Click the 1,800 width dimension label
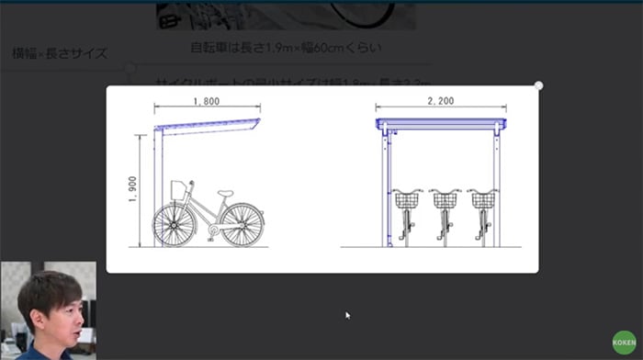pyautogui.click(x=208, y=100)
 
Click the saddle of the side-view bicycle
pyautogui.click(x=226, y=194)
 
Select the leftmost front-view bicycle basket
pyautogui.click(x=407, y=198)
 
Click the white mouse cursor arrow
pyautogui.click(x=347, y=315)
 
